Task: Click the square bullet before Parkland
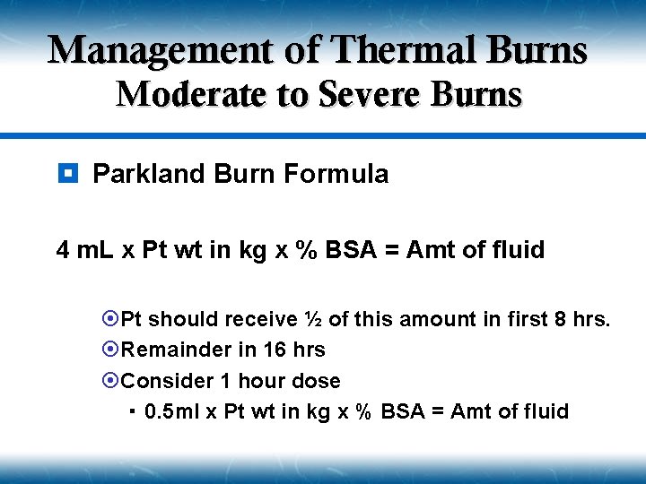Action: click(68, 173)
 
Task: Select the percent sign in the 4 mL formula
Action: click(308, 250)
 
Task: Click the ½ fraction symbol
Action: click(313, 319)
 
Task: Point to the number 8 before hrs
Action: click(563, 319)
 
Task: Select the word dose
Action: click(316, 381)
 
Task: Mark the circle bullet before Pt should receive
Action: click(111, 319)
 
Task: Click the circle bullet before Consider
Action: click(111, 381)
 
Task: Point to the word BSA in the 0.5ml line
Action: click(405, 411)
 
